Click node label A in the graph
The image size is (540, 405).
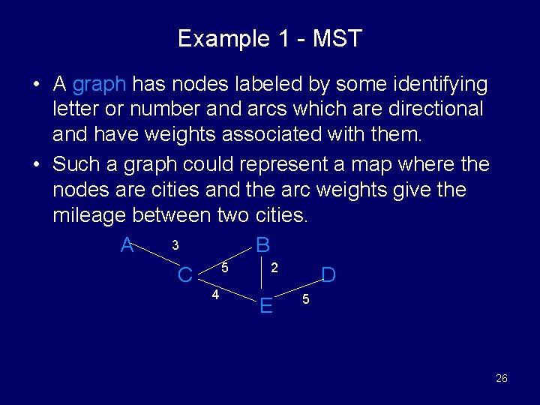tap(127, 245)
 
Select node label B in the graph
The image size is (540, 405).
tap(262, 245)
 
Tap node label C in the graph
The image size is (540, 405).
tap(185, 275)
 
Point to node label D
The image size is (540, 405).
tap(328, 275)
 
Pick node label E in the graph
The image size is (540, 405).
tap(265, 305)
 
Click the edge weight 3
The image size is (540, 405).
tap(175, 245)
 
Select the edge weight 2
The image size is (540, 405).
tap(274, 267)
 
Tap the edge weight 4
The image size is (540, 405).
tap(215, 294)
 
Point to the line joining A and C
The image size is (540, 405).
tap(159, 259)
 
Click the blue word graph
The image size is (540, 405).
tap(100, 84)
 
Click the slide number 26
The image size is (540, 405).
tap(501, 378)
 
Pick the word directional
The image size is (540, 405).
tap(431, 109)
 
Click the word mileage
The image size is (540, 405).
tap(89, 216)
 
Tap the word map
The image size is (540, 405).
tap(369, 163)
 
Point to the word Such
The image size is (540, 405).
tap(77, 163)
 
